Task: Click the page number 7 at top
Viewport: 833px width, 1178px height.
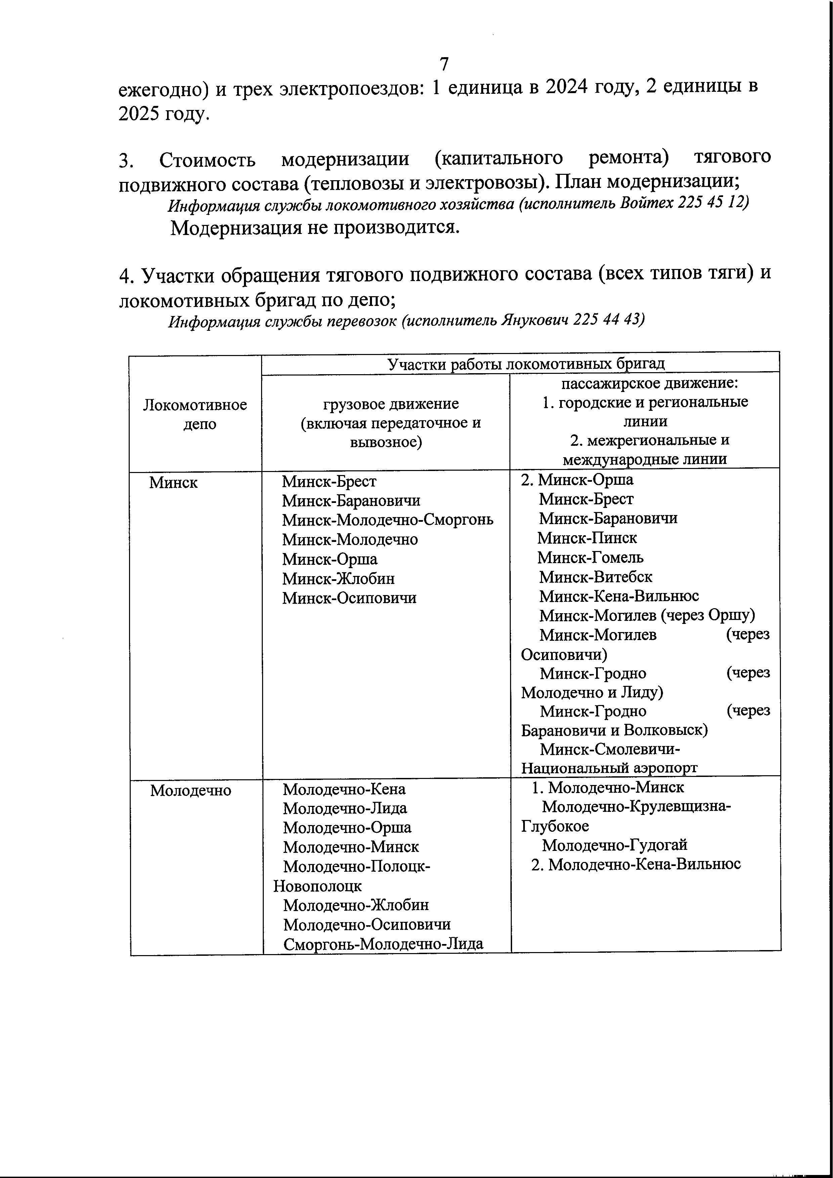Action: tap(444, 64)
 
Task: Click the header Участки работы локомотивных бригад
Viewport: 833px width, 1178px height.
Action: tap(526, 364)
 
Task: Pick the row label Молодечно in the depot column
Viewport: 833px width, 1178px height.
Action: tap(191, 791)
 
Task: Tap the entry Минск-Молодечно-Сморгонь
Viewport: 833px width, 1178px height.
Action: tap(388, 520)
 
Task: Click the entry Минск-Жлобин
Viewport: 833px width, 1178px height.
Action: tap(338, 579)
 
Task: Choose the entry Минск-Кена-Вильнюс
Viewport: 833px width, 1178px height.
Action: tap(619, 596)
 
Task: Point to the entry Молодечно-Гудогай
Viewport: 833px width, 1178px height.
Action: tap(615, 845)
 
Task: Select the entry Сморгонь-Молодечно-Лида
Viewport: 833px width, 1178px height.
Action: tap(383, 944)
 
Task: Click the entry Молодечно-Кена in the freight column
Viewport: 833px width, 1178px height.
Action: tap(344, 789)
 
